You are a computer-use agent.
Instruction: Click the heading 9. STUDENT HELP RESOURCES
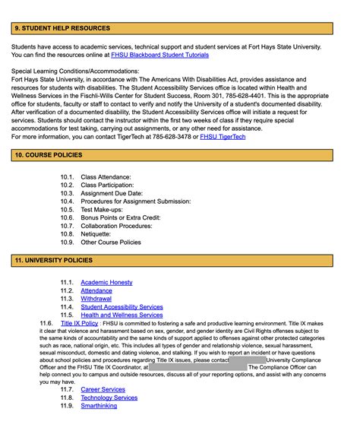tap(62, 29)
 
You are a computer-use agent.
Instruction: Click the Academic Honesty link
tap(106, 283)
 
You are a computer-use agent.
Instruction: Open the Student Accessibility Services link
tap(122, 307)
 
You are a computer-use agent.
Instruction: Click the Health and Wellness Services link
tap(122, 315)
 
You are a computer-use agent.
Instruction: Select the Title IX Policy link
tap(79, 323)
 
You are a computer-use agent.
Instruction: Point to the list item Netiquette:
tap(99, 234)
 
